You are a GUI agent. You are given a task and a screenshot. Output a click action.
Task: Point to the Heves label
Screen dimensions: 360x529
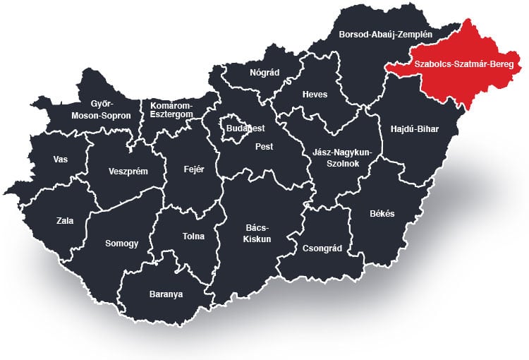[315, 95]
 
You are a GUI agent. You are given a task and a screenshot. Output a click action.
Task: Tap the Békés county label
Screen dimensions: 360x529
[382, 213]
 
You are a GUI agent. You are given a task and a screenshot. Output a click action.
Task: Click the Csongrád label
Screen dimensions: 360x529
[321, 248]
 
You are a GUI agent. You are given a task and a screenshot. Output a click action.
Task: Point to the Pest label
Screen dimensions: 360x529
[264, 147]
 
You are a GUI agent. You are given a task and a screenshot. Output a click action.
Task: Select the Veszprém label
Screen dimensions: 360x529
[128, 171]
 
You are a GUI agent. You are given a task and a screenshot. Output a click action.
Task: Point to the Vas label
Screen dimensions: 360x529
[61, 159]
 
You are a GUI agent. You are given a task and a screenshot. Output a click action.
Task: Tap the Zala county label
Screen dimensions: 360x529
[65, 220]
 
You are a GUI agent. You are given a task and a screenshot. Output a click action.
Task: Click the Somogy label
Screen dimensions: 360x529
[121, 243]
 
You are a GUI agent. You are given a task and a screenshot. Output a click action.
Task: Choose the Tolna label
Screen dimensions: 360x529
[193, 237]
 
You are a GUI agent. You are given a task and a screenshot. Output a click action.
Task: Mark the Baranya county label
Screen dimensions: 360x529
[166, 294]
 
